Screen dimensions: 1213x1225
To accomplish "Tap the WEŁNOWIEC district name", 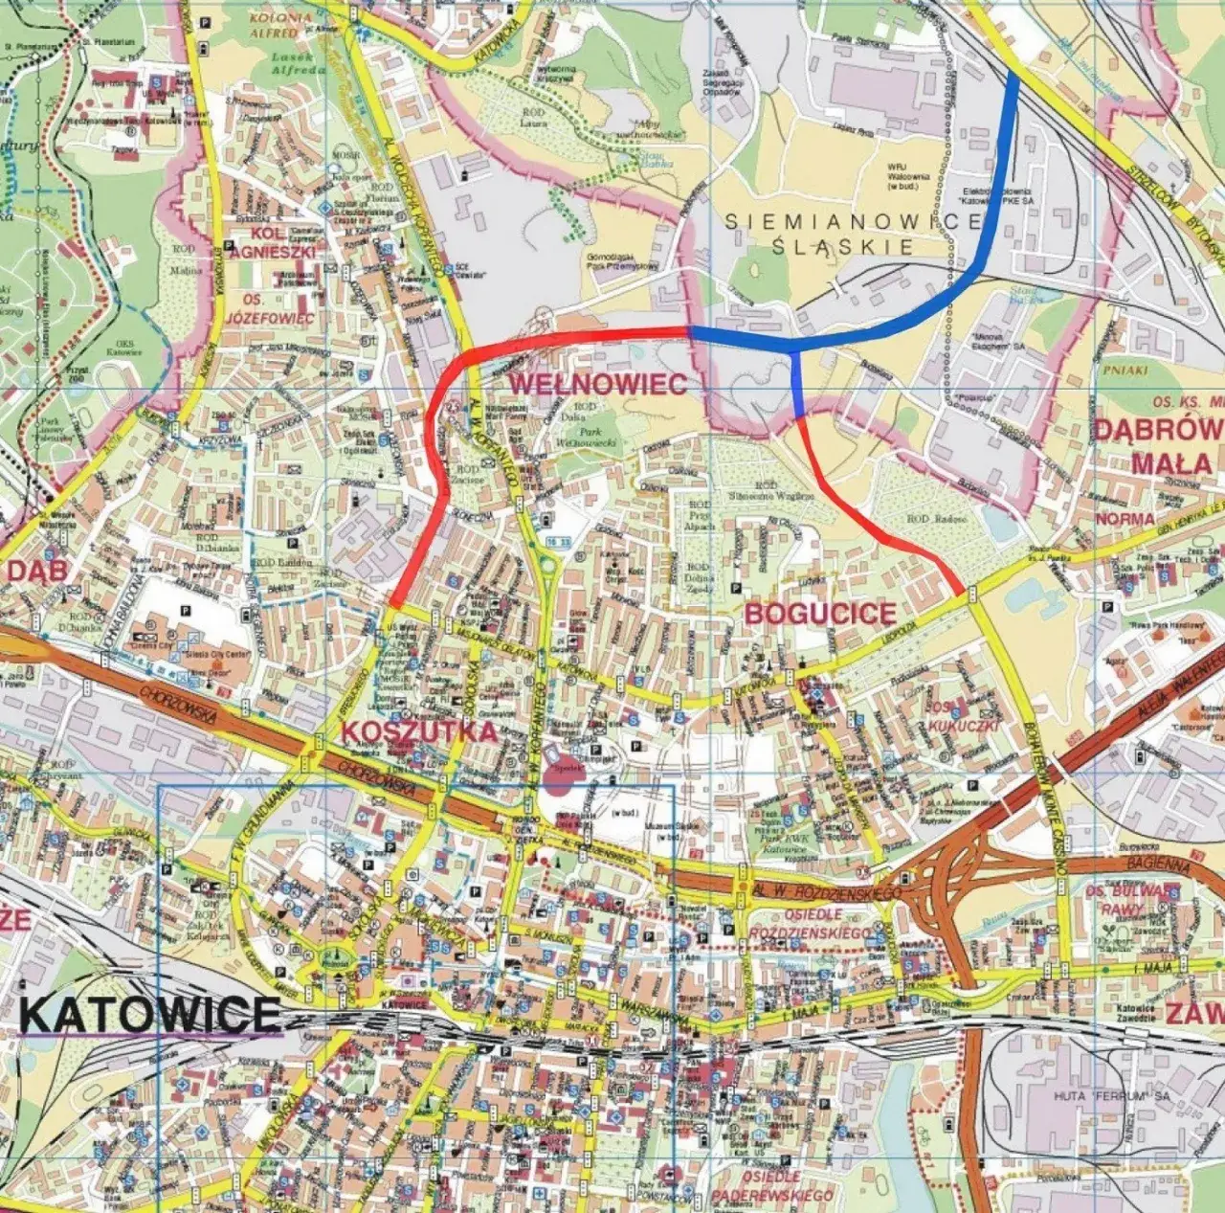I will coord(597,384).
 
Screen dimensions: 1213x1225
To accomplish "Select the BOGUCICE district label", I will coord(820,614).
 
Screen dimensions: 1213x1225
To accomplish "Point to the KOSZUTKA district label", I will coord(419,731).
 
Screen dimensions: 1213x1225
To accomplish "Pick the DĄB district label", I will coord(38,571).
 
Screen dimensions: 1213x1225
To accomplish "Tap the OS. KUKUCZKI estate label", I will coord(963,716).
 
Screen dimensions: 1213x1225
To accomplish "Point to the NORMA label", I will coord(1125,519).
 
